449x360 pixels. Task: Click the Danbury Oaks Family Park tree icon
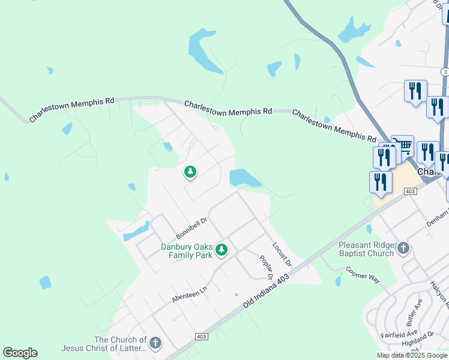pyautogui.click(x=221, y=250)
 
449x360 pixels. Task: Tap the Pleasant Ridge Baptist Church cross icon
pyautogui.click(x=403, y=248)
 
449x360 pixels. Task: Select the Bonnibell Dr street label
pyautogui.click(x=191, y=228)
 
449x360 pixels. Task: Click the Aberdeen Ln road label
pyautogui.click(x=189, y=293)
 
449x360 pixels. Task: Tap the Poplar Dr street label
pyautogui.click(x=266, y=268)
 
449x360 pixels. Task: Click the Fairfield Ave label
pyautogui.click(x=399, y=333)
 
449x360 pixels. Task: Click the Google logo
pyautogui.click(x=20, y=353)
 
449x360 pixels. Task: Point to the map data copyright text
pyautogui.click(x=412, y=355)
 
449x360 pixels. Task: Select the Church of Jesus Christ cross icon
pyautogui.click(x=155, y=343)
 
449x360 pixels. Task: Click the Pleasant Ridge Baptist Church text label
pyautogui.click(x=366, y=249)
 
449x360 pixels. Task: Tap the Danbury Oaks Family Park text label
pyautogui.click(x=187, y=251)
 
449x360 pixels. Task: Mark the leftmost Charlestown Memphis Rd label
pyautogui.click(x=71, y=110)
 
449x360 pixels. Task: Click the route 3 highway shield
pyautogui.click(x=445, y=71)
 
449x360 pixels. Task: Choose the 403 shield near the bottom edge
pyautogui.click(x=202, y=337)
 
